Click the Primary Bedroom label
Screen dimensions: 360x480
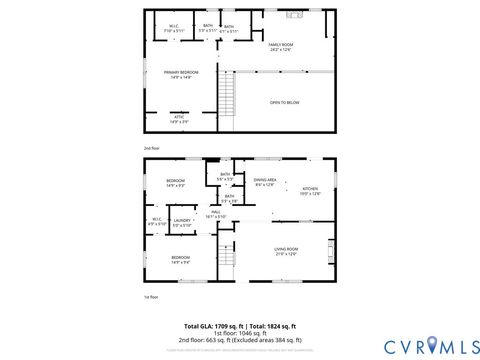[x=181, y=74]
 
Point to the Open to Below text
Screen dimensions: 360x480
[x=284, y=102]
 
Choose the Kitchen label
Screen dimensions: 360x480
[x=310, y=191]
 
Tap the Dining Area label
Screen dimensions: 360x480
[x=266, y=182]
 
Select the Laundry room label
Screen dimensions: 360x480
[x=182, y=222]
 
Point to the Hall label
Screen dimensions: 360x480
[x=216, y=214]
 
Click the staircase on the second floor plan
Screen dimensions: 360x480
[x=226, y=96]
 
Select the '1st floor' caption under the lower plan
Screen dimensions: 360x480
[x=150, y=296]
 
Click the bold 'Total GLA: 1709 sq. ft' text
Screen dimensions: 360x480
[x=214, y=326]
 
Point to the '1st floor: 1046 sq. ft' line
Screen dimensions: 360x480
[x=239, y=333]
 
